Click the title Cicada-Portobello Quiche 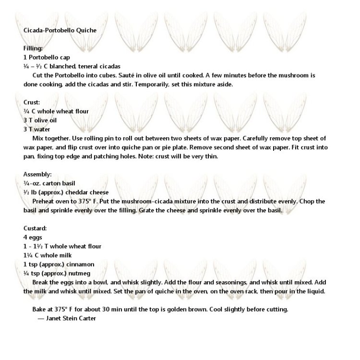click(x=60, y=30)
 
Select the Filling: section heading click(x=33, y=48)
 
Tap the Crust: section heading click(x=32, y=102)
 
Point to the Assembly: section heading click(x=37, y=174)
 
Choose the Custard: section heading click(x=35, y=228)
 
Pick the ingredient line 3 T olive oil click(x=40, y=120)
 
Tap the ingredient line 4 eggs click(x=33, y=237)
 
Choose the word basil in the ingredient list click(x=68, y=183)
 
